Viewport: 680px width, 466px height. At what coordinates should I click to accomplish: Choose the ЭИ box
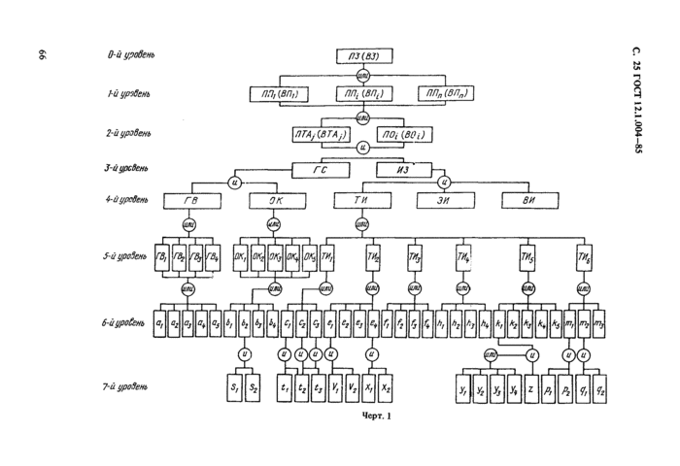point(445,201)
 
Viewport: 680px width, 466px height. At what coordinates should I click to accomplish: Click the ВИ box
point(527,201)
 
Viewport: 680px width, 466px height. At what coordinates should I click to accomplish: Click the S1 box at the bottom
point(233,387)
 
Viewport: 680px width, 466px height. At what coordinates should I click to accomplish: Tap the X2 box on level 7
point(386,387)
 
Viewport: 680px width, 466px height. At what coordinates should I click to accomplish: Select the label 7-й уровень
point(128,387)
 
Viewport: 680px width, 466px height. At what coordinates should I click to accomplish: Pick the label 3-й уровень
point(128,168)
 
